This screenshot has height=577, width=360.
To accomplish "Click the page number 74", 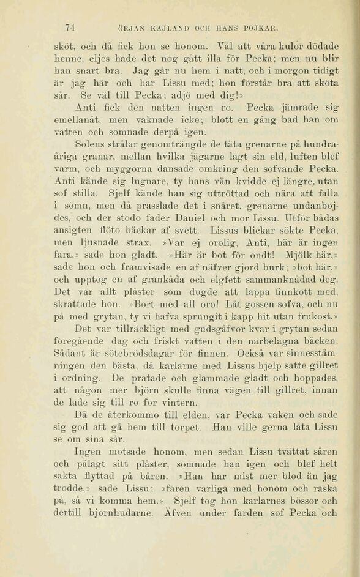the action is click(x=70, y=27).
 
